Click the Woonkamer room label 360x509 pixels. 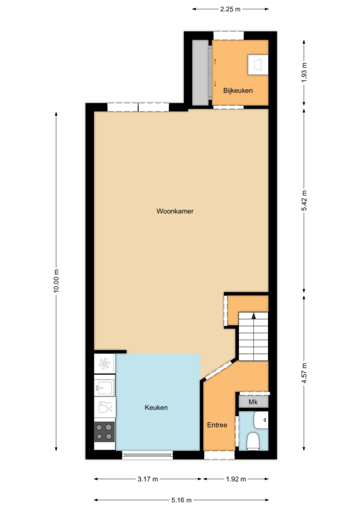[175, 212]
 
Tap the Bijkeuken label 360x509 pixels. [238, 90]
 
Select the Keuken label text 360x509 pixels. [156, 408]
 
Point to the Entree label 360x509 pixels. [217, 425]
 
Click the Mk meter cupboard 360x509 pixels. [253, 402]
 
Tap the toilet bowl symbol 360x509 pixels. [253, 442]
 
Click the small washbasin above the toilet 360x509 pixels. [261, 420]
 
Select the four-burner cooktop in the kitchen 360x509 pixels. [104, 432]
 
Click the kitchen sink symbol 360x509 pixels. [104, 386]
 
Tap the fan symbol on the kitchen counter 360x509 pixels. [104, 364]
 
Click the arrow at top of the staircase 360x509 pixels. [254, 316]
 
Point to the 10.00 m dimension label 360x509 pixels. [56, 281]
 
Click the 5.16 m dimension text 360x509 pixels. [181, 500]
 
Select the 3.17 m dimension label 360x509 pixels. [148, 479]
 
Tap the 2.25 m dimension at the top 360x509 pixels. [230, 9]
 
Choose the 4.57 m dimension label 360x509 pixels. [304, 373]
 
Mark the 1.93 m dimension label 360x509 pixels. [304, 72]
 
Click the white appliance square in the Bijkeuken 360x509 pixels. [258, 65]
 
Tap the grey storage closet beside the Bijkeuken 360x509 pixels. [200, 73]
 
